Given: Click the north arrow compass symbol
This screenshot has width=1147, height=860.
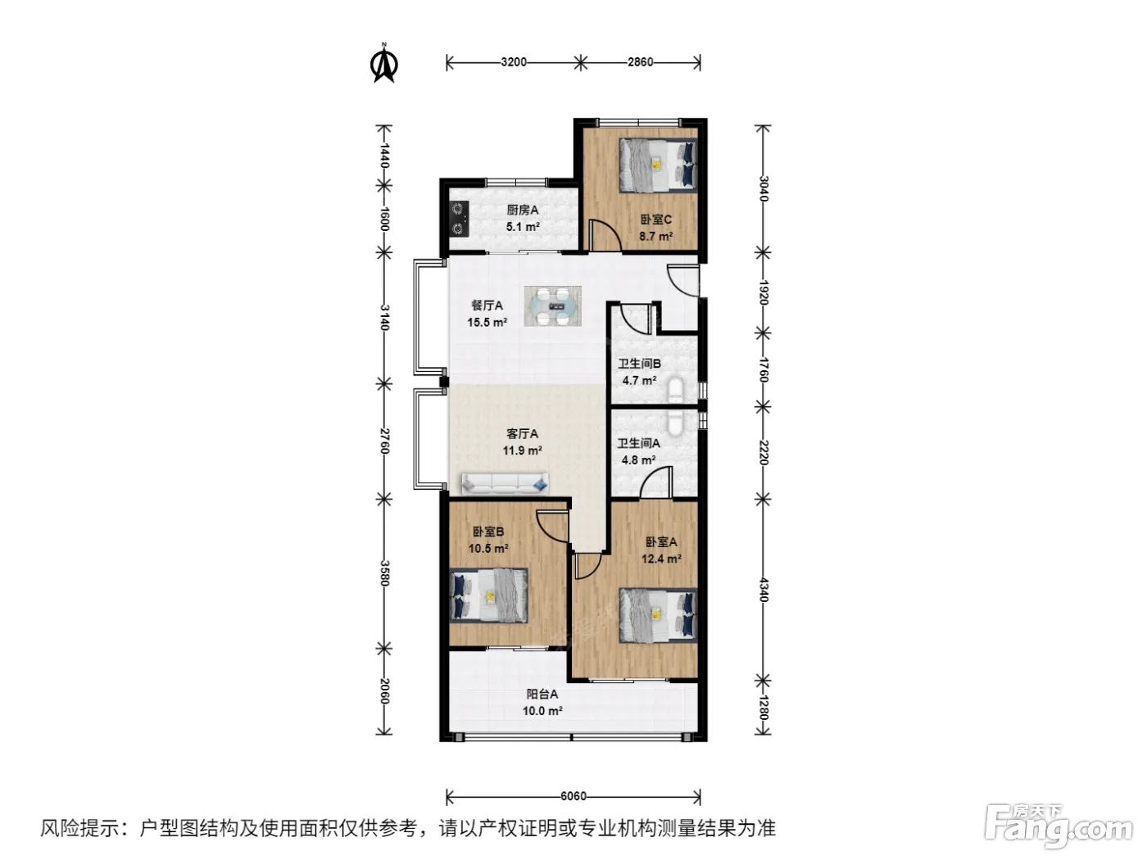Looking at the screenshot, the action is coord(383,64).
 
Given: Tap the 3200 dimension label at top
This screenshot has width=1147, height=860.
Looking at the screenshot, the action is coord(513,62).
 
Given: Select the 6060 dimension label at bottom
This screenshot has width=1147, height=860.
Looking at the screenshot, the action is coord(573,796).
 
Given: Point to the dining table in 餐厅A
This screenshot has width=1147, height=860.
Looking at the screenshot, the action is coord(553,306).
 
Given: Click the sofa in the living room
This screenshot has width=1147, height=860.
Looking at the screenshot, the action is coord(505,483).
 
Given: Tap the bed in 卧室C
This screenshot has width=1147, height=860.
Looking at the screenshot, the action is coord(658,165).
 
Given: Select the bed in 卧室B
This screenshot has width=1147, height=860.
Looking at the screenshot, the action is coord(488,595).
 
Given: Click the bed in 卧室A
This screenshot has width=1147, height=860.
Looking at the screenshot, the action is coord(658,615).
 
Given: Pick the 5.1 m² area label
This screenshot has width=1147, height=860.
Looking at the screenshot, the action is coord(523,227).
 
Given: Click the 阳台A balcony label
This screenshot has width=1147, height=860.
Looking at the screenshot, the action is coord(542,694).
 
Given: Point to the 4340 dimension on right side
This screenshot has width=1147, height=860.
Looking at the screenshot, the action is coord(764,590).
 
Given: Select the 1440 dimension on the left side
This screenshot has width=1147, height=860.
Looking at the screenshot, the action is coord(384,156).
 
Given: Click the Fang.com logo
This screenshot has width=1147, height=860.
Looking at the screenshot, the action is coord(1059,826).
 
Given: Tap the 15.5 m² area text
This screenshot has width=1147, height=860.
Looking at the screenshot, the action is coord(487,322).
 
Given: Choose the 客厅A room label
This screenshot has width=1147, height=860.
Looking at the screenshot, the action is coord(522,433).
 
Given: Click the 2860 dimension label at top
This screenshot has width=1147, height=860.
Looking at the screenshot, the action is coord(640,62).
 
